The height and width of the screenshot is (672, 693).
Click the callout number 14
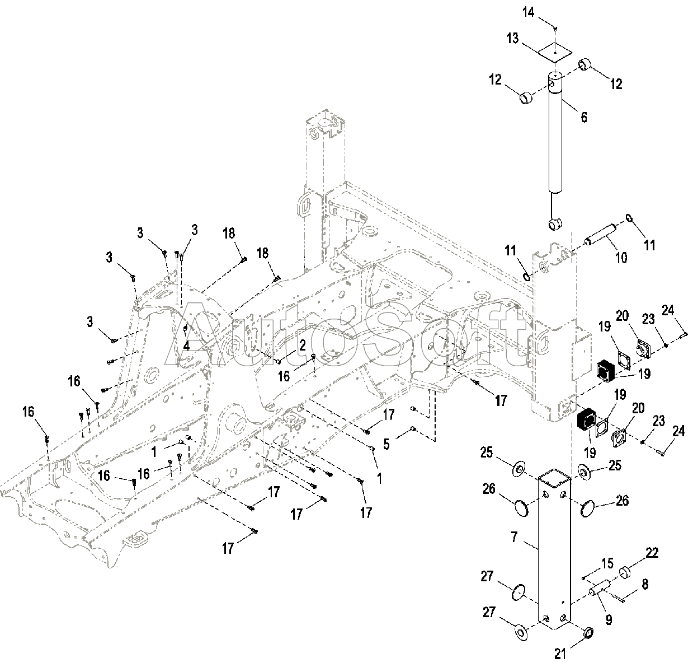click(529, 12)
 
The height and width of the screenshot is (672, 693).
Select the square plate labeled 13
click(554, 53)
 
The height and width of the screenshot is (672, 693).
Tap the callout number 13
click(513, 39)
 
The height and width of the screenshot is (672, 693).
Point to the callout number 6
click(584, 117)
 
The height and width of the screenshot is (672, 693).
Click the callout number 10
click(621, 258)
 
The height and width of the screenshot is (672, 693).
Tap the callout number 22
click(652, 553)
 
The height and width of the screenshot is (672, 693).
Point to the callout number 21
click(560, 654)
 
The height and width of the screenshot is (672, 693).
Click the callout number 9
click(609, 620)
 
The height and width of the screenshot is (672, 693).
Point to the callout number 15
click(607, 563)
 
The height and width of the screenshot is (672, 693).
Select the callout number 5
click(386, 444)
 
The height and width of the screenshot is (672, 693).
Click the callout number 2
click(303, 345)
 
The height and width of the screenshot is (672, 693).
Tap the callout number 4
click(187, 346)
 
